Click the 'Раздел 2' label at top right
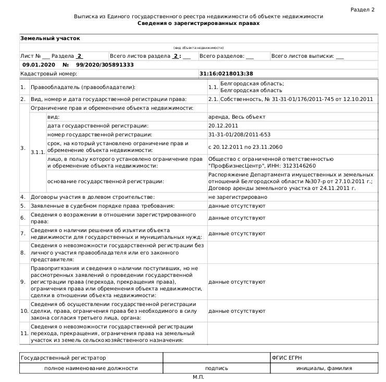coord(363,10)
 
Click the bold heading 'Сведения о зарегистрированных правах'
coord(198,24)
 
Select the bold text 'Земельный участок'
coord(50,39)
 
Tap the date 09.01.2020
coord(38,65)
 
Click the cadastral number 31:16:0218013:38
coord(227,74)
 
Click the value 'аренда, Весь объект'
coord(236,117)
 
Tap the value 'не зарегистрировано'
coord(238,197)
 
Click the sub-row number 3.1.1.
coord(38,151)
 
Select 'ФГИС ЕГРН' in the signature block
coord(287,358)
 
